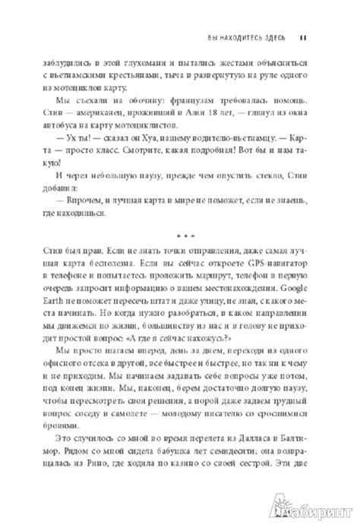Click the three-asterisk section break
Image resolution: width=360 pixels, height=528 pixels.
pyautogui.click(x=180, y=232)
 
